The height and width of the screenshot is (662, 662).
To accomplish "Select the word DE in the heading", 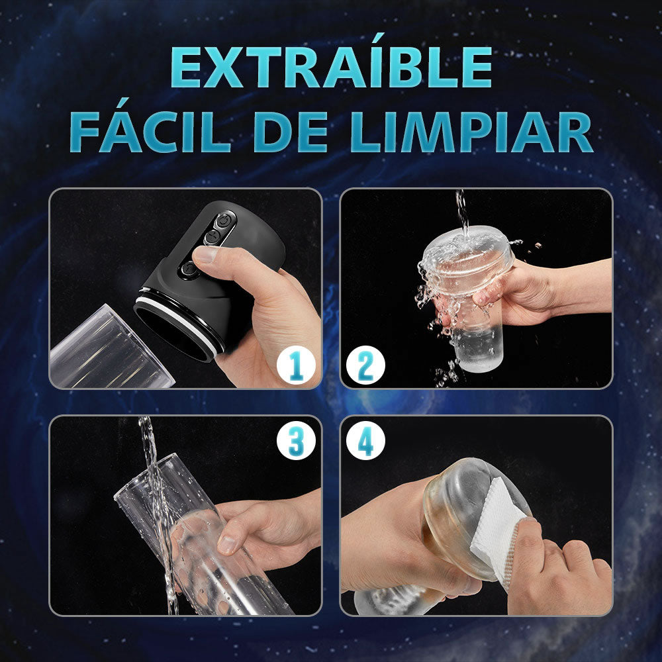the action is pyautogui.click(x=291, y=131).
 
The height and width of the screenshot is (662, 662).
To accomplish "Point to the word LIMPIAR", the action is pyautogui.click(x=472, y=131).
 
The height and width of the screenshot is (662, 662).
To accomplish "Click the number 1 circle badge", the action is pyautogui.click(x=296, y=365).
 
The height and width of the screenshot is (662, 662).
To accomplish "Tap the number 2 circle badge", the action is pyautogui.click(x=365, y=365).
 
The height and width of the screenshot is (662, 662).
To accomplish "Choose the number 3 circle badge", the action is pyautogui.click(x=296, y=440).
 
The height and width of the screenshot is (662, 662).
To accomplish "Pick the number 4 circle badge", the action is pyautogui.click(x=365, y=440).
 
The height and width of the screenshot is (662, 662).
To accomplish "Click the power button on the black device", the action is pyautogui.click(x=223, y=220).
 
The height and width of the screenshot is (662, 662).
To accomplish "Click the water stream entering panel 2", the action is pyautogui.click(x=462, y=211).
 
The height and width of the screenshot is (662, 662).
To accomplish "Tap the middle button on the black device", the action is pyautogui.click(x=212, y=237).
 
